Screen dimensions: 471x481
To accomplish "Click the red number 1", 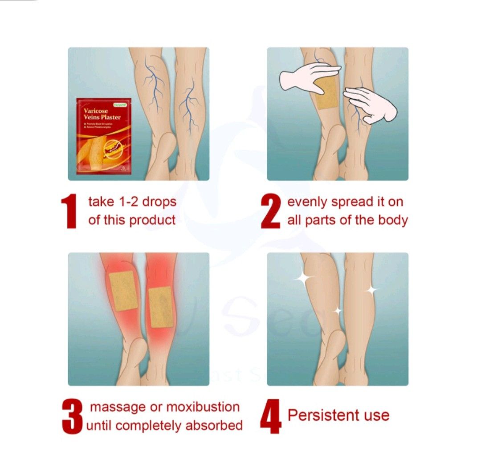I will click(70, 211).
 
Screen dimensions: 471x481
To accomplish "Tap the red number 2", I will click(271, 211).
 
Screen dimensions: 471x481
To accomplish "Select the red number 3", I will click(72, 417).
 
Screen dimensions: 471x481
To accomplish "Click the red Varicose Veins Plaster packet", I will click(103, 135).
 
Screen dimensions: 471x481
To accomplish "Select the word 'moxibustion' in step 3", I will click(203, 407).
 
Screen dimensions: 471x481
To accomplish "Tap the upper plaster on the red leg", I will click(123, 290).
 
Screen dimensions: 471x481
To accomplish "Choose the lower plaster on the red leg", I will click(160, 307).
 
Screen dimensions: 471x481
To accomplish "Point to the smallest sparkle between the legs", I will click(338, 310).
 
